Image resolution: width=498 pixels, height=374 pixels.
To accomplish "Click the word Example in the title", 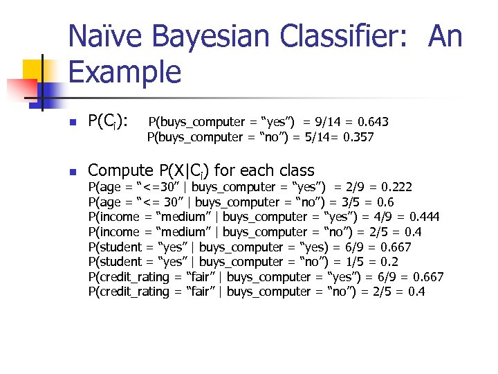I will [124, 71].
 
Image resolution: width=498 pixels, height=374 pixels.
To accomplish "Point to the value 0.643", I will [372, 123].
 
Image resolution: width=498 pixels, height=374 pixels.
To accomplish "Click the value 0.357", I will [357, 137].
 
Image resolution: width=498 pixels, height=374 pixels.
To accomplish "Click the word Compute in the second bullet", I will [120, 170].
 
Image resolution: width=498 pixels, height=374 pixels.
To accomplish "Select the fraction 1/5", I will [344, 262].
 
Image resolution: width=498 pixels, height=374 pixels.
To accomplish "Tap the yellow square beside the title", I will [35, 69].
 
